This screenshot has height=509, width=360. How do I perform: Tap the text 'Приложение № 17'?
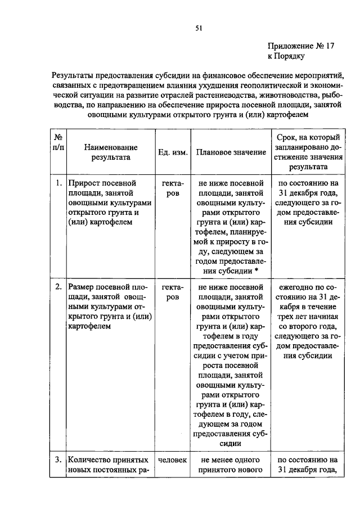(300, 47)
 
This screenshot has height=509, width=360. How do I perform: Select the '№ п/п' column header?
(58, 142)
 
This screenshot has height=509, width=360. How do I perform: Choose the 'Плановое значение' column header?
(231, 153)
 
